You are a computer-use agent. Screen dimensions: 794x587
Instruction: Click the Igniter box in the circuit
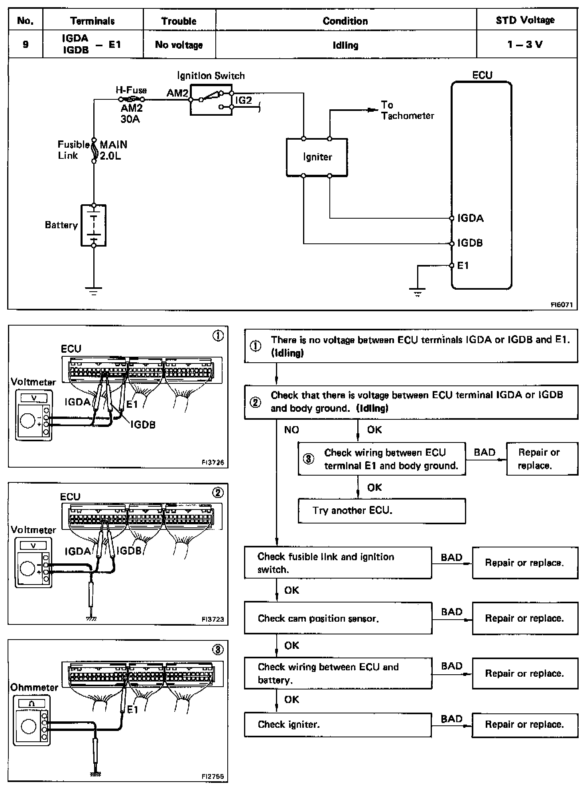(x=317, y=157)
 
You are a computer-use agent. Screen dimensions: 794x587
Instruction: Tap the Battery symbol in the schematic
(x=94, y=225)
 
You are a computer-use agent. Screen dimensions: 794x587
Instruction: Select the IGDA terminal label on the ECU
(x=471, y=218)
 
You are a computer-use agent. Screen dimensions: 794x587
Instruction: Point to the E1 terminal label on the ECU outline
(x=463, y=266)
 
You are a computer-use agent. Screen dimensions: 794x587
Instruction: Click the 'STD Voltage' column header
(x=525, y=20)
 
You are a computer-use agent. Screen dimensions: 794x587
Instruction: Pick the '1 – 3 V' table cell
(x=525, y=44)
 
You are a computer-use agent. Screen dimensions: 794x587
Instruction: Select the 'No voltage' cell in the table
(x=179, y=45)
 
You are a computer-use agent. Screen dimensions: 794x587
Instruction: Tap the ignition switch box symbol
(x=211, y=101)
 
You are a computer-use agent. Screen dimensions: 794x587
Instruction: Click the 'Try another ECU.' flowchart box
(x=382, y=511)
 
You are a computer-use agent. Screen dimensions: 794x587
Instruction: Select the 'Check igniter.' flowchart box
(x=338, y=725)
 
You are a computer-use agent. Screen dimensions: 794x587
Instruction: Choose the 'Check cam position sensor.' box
(x=338, y=618)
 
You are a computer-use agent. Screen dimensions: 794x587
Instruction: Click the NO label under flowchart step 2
(x=292, y=430)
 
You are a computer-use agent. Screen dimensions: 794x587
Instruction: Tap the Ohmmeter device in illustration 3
(x=31, y=721)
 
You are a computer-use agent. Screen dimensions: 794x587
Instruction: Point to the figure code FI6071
(x=561, y=305)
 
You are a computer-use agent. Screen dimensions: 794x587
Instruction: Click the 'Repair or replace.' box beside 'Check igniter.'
(x=525, y=725)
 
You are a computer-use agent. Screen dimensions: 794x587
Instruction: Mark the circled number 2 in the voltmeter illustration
(x=218, y=493)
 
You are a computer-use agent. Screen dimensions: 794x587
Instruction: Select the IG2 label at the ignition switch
(x=244, y=100)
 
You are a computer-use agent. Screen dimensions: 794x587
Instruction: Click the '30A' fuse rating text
(x=130, y=119)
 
